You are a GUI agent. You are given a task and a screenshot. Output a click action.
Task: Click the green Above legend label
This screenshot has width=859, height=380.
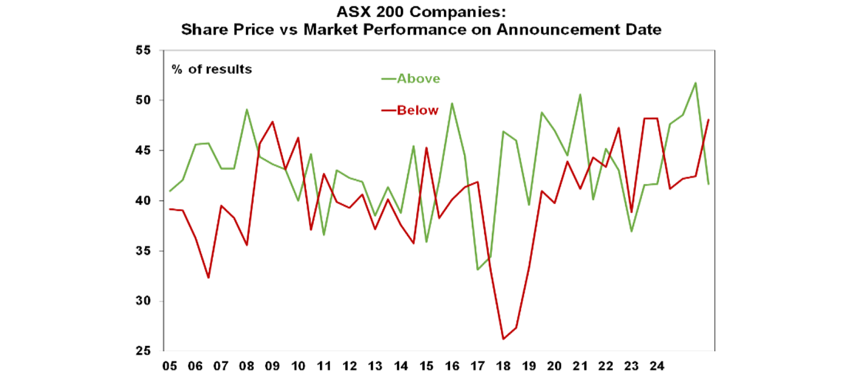coord(418,79)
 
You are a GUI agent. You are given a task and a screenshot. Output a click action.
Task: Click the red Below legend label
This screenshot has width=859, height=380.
coord(418,110)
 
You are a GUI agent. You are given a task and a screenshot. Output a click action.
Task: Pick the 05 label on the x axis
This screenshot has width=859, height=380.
coord(170,367)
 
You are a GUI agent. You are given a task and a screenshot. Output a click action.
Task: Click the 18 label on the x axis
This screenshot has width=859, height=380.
coord(503,367)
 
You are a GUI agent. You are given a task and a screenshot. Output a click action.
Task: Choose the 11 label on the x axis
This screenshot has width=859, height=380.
coord(324,367)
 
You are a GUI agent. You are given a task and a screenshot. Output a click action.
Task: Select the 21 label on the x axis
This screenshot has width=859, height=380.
coord(580,367)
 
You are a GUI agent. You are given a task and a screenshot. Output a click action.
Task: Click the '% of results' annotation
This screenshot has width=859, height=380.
coord(212,70)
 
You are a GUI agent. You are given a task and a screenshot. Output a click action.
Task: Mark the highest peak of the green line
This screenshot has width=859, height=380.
coord(695,83)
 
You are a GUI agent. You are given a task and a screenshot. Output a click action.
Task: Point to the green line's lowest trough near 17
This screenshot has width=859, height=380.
coord(478,269)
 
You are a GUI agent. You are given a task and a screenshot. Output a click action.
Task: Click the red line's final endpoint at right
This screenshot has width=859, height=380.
coord(709,120)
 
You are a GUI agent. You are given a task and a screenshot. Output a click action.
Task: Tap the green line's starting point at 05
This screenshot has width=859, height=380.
coord(170,191)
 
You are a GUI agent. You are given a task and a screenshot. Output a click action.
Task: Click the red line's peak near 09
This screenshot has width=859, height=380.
coord(272,122)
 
